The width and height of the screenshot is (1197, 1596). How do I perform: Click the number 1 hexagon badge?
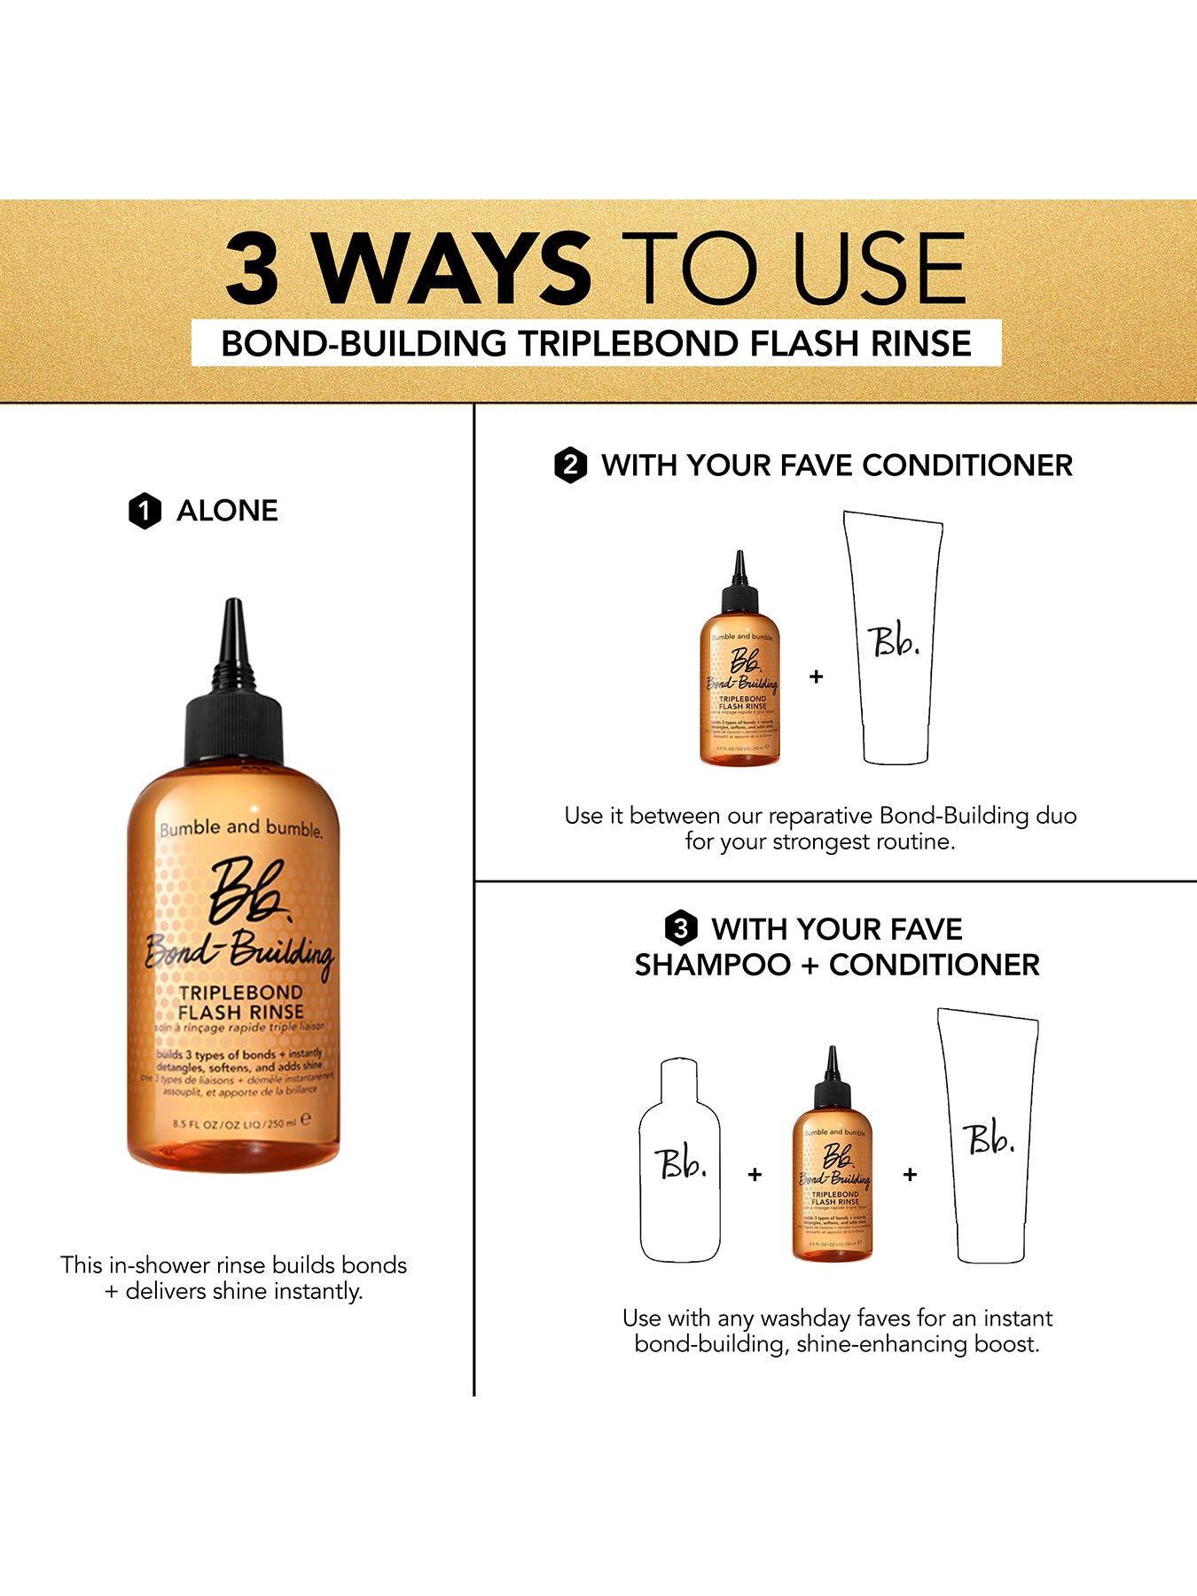pyautogui.click(x=145, y=511)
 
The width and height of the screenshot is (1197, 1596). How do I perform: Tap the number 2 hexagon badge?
pyautogui.click(x=570, y=465)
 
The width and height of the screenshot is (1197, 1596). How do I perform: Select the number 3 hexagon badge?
pyautogui.click(x=680, y=928)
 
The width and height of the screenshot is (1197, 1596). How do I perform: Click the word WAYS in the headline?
pyautogui.click(x=452, y=268)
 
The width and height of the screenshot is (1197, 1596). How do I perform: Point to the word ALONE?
pyautogui.click(x=227, y=511)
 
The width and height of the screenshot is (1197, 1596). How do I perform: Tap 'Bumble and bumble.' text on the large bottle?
pyautogui.click(x=240, y=828)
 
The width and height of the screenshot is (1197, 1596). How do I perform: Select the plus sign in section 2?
pyautogui.click(x=816, y=677)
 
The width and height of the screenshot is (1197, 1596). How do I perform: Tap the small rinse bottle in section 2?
pyautogui.click(x=740, y=674)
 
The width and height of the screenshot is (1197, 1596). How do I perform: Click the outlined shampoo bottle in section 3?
pyautogui.click(x=680, y=1162)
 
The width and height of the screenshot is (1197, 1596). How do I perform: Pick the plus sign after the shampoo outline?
pyautogui.click(x=755, y=1174)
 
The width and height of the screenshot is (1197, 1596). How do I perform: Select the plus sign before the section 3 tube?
pyautogui.click(x=910, y=1174)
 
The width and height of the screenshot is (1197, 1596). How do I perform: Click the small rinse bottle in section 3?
pyautogui.click(x=833, y=1170)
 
